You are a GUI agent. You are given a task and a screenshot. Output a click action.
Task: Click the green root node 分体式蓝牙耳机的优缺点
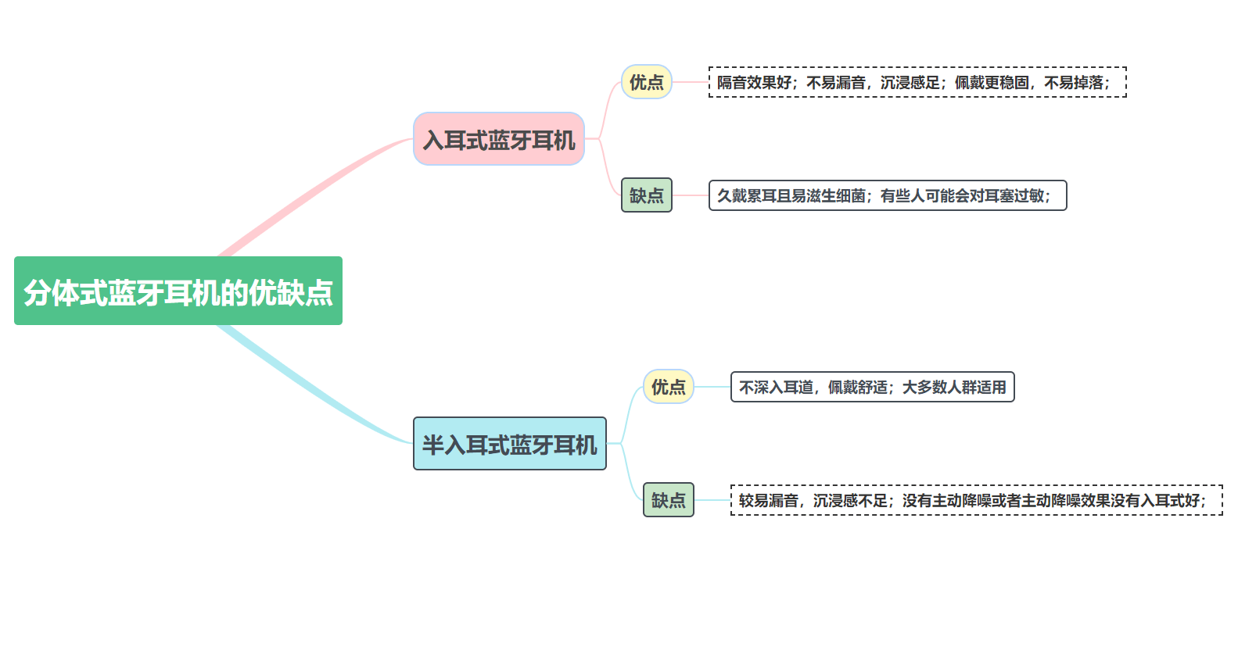click(178, 291)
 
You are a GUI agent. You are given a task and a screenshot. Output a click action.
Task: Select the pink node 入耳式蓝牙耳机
click(499, 139)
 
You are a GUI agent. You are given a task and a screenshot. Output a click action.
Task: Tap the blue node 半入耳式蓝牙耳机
click(509, 444)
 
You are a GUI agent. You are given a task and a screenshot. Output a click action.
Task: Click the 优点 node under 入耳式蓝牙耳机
click(646, 82)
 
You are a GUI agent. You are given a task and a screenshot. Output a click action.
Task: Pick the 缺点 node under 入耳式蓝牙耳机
click(646, 195)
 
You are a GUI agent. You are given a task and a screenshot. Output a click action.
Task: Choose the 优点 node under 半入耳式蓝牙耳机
click(668, 387)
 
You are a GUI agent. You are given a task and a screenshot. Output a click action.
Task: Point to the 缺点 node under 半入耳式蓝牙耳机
click(668, 500)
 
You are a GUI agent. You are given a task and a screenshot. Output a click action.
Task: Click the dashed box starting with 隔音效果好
click(917, 82)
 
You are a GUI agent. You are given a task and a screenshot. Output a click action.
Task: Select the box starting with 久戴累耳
click(887, 195)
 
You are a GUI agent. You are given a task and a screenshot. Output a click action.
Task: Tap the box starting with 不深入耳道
click(872, 387)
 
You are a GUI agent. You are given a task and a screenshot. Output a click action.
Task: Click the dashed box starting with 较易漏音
click(976, 500)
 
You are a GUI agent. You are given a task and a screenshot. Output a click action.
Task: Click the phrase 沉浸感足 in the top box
click(910, 83)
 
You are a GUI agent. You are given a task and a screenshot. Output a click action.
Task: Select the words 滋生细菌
click(835, 196)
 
